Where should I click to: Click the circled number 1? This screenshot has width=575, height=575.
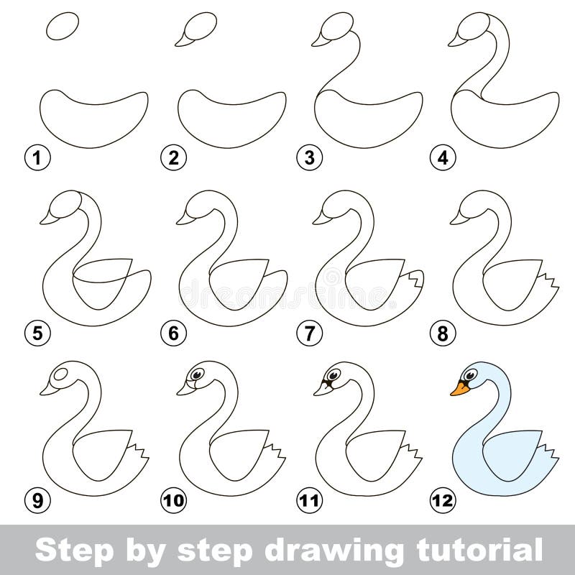(x=37, y=158)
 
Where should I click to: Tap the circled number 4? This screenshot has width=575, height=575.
(x=443, y=158)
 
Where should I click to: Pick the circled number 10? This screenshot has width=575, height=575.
(x=173, y=500)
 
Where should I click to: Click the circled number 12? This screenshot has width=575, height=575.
(x=443, y=500)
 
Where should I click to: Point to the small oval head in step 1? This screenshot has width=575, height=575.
(x=63, y=26)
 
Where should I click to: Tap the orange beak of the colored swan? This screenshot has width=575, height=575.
(x=459, y=389)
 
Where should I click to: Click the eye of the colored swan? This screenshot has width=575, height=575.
(x=470, y=374)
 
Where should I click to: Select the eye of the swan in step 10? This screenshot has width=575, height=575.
(x=197, y=374)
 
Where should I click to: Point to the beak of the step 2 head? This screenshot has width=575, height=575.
(x=185, y=42)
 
